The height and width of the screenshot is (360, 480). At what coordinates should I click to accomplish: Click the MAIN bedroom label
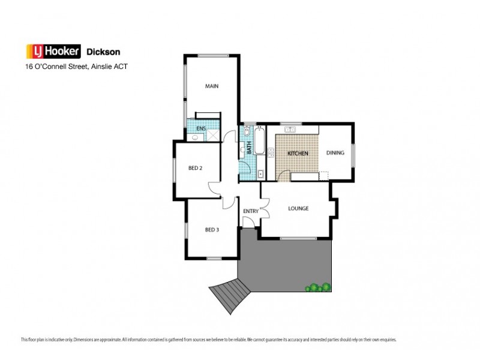coord(211,86)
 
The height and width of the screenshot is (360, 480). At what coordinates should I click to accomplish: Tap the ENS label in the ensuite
coord(200,128)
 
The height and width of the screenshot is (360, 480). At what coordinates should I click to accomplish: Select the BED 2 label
coord(195,168)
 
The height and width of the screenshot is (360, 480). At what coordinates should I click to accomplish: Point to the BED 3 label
coord(211,229)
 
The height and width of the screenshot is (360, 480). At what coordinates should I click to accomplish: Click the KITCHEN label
coord(298,154)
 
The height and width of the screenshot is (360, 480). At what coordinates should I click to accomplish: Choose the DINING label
coord(335,152)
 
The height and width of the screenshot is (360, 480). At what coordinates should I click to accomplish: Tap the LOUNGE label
coord(298,209)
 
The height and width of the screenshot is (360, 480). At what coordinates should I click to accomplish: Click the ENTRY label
coord(250,211)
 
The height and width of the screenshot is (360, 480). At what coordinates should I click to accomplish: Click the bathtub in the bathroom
coord(259,142)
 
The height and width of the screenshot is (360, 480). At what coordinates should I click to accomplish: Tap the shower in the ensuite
coord(212,136)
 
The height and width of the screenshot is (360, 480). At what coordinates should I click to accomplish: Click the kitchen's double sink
coord(292,130)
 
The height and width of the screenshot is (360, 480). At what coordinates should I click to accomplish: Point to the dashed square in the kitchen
coord(324,175)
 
